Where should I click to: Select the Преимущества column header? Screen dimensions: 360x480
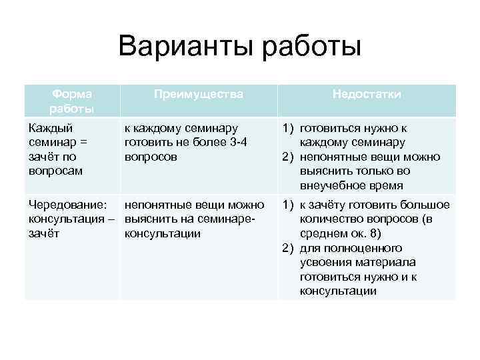coord(198,95)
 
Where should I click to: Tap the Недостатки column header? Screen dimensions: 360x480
coord(367,95)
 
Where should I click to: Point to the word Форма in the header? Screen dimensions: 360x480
coord(71,94)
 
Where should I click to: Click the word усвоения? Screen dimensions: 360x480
coord(329,263)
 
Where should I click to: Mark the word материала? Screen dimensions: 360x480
coord(388,263)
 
